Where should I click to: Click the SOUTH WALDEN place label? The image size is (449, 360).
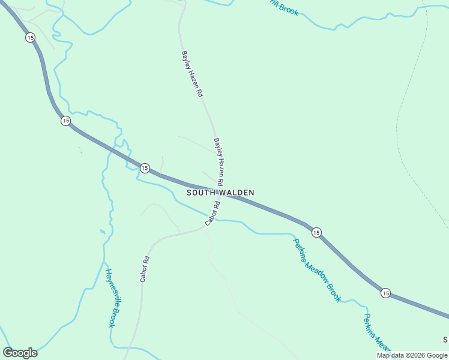tap(220, 193)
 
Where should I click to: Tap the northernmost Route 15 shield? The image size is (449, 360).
tap(31, 37)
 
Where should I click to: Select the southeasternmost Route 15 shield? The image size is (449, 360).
tap(385, 293)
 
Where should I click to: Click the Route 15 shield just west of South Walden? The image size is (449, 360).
tap(145, 168)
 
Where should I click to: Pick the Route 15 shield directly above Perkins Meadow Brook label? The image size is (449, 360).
tap(317, 232)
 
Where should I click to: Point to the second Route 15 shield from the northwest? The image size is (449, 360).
tap(65, 121)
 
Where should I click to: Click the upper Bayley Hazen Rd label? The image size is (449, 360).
tap(192, 74)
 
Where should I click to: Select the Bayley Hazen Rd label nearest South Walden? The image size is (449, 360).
tap(219, 161)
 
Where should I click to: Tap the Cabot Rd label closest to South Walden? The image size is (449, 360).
tap(212, 214)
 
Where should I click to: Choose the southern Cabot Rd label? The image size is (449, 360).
tap(145, 269)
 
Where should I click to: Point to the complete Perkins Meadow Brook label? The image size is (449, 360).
tap(317, 270)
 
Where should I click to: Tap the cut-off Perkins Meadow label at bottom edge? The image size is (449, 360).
tap(377, 333)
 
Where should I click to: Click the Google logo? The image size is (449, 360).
tap(20, 353)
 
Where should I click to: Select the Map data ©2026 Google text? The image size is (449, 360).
tap(412, 355)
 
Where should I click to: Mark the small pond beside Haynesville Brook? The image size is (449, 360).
tap(103, 232)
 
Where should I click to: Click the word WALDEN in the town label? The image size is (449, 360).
tap(236, 193)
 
